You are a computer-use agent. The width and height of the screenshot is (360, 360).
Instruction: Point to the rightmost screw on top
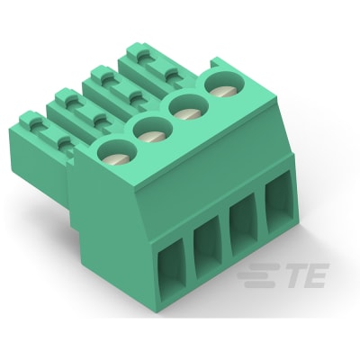tap(221, 87)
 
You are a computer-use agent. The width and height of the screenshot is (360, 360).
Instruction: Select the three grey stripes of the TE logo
tap(260, 273)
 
